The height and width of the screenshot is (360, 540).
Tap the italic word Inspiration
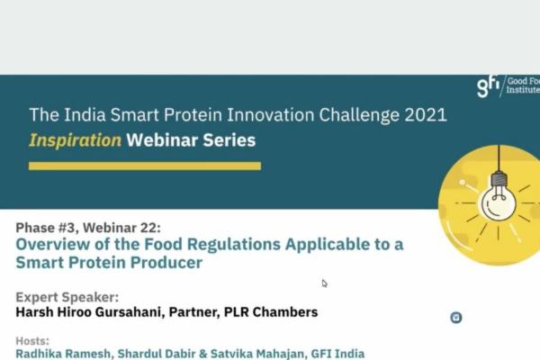coord(76,140)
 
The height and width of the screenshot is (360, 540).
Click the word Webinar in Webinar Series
coord(162,140)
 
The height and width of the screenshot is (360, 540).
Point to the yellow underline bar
coord(145,166)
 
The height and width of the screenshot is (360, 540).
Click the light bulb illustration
coord(497,199)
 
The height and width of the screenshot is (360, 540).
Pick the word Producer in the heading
coord(170,264)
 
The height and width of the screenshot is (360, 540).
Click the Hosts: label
coord(33,341)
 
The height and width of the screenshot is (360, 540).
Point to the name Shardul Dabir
coord(162,355)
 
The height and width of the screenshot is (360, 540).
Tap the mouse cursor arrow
coord(325,283)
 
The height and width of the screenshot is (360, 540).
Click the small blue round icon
coord(456,317)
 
